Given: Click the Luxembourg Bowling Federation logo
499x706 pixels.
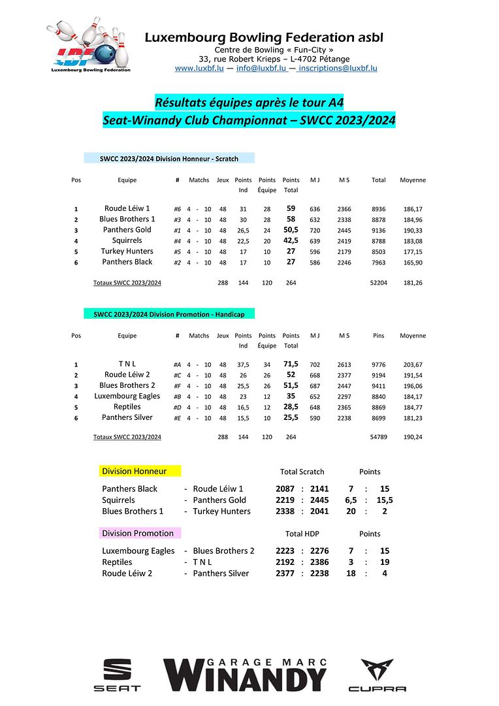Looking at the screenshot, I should click(x=89, y=46).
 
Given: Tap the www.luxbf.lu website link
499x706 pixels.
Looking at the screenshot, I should click(x=200, y=68).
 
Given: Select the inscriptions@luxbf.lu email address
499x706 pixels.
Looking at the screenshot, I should click(x=339, y=68).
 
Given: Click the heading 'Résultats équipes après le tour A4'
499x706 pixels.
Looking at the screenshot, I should click(x=249, y=103).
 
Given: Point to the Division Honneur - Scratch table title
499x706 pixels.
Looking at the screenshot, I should click(x=169, y=158).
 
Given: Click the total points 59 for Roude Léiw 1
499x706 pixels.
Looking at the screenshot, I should click(x=291, y=208).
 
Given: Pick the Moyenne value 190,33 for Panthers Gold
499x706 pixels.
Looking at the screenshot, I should click(x=412, y=230).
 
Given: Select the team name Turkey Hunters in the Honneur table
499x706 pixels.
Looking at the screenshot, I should click(x=127, y=251).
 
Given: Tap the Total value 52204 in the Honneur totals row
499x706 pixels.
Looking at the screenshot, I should click(x=378, y=283).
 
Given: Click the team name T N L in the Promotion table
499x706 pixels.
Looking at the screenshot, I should click(x=127, y=364).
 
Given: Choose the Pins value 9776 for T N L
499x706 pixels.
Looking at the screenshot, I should click(x=378, y=364).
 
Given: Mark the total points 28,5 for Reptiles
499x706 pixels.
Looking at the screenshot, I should click(x=291, y=407).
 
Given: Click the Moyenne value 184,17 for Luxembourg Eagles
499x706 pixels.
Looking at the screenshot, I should click(x=412, y=396).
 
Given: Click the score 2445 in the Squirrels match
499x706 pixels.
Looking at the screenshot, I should click(x=319, y=500).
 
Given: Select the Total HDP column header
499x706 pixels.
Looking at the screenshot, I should click(x=302, y=534).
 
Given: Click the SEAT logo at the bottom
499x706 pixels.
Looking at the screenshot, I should click(x=117, y=675).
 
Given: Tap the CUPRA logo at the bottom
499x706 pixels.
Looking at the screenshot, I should click(x=377, y=675).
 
